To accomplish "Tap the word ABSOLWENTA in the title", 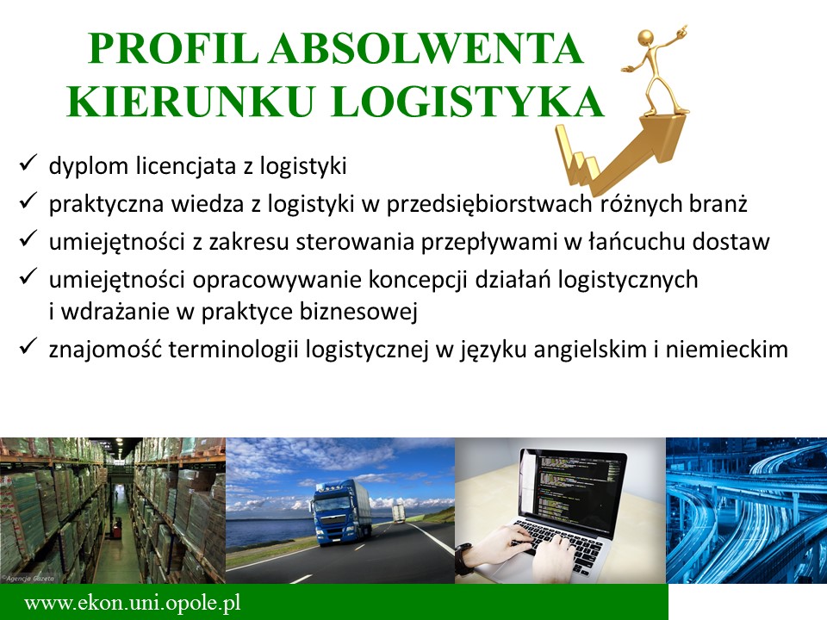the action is point(426,48).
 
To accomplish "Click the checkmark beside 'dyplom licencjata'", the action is point(28,163).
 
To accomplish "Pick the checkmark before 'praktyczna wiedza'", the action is point(28,201).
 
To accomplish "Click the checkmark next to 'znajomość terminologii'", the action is point(28,346).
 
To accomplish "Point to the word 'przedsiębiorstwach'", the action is point(488,204).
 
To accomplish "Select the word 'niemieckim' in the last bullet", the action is point(726,349).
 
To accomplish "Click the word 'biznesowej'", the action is point(358,311).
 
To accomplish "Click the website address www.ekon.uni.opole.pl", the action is point(133,602).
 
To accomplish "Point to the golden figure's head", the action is point(646,38).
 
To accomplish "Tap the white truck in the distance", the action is point(399,512).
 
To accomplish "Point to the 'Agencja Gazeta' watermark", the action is point(28,578).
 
